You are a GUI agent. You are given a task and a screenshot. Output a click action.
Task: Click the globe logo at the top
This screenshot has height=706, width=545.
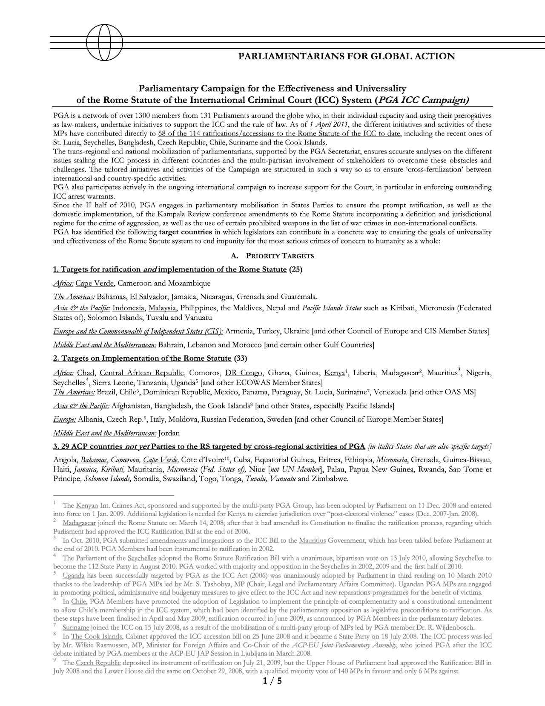click(104, 42)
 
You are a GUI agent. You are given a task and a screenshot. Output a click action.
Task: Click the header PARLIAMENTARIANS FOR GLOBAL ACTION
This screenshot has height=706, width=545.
click(346, 56)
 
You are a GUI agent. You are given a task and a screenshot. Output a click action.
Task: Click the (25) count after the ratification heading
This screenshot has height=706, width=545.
click(295, 269)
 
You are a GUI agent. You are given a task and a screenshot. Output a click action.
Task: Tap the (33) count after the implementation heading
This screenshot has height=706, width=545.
click(240, 358)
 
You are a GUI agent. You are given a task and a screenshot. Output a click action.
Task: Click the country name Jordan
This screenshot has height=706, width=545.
click(169, 433)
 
